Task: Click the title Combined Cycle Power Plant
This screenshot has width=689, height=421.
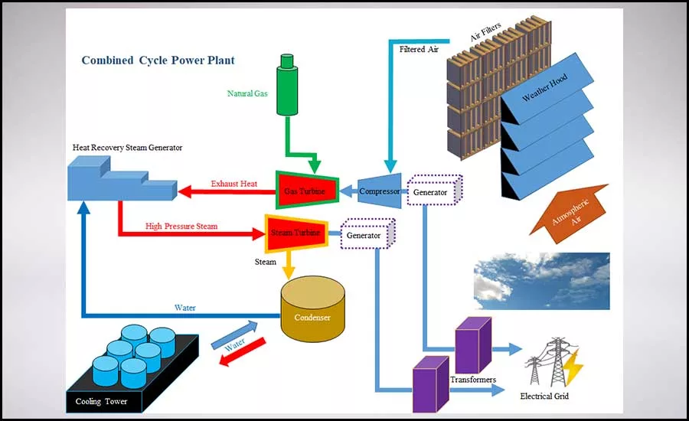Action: pos(158,60)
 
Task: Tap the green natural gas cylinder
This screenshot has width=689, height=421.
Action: pos(287,84)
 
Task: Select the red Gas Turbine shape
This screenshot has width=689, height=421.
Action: pos(307,190)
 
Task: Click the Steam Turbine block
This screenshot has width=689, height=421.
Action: pos(296,233)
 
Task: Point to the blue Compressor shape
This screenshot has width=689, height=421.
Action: pos(379,191)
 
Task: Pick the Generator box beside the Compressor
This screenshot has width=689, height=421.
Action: pos(434,191)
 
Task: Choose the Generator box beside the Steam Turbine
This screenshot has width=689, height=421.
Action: pos(367,233)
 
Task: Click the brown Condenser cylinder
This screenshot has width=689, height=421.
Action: pos(313,309)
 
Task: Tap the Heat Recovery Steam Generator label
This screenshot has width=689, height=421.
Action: pos(127,148)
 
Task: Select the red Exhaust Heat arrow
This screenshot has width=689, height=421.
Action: pos(227,191)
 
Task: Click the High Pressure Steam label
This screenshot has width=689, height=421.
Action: pos(181,227)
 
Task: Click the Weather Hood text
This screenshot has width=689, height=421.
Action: pos(544,87)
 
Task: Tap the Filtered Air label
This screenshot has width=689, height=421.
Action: pos(419,49)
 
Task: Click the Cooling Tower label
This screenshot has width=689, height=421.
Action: pos(101,401)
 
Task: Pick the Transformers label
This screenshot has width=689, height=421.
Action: pos(473,379)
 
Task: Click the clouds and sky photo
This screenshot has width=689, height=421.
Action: pos(542,281)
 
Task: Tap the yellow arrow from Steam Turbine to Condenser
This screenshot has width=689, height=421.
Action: pos(289,265)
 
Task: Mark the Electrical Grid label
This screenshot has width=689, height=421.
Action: pos(544,396)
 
